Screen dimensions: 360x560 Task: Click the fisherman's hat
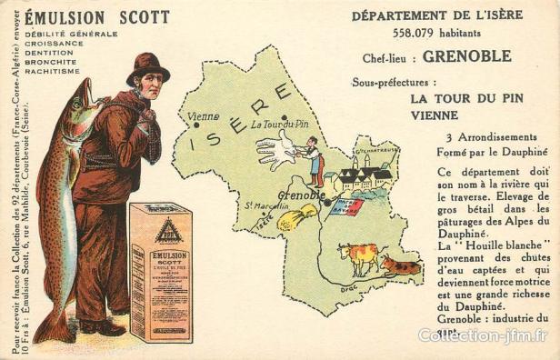(146, 67)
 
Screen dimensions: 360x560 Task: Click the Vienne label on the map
(203, 116)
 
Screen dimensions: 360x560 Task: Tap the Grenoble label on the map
(301, 195)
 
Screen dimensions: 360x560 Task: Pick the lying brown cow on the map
(400, 266)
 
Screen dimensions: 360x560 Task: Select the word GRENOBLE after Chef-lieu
(467, 56)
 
